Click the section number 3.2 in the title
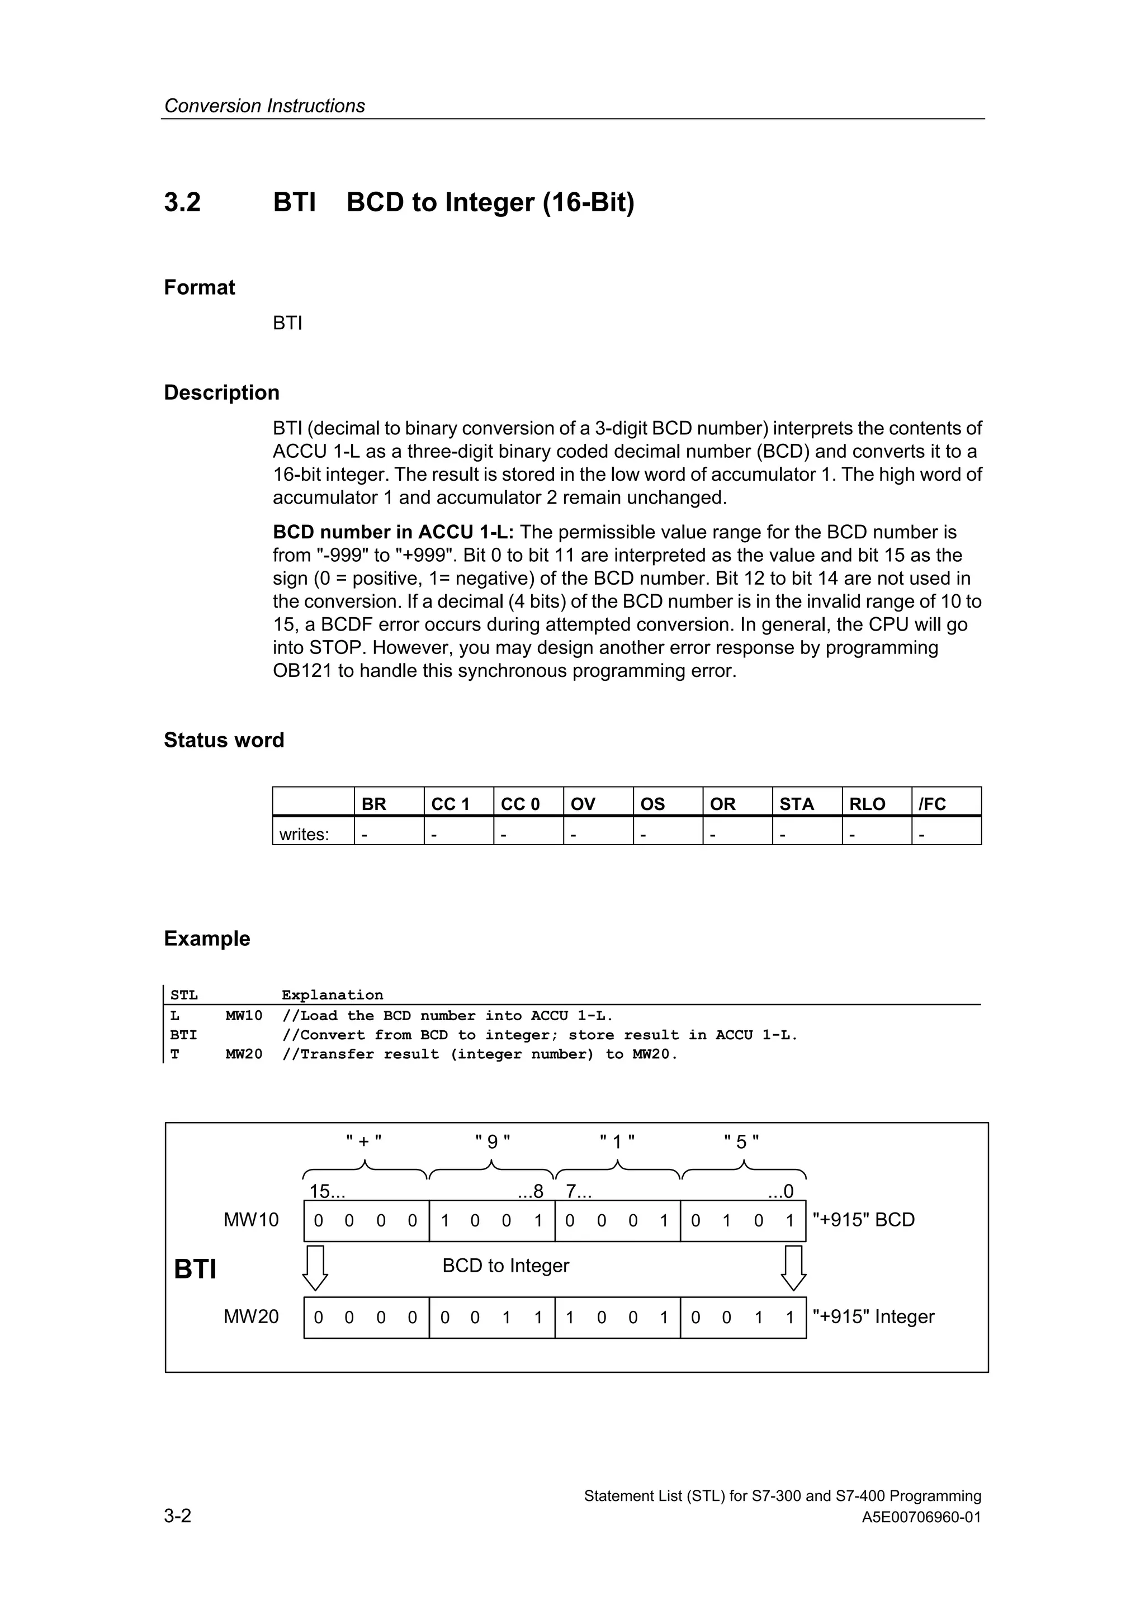182,202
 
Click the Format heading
199,287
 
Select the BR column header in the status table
373,804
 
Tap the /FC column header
931,804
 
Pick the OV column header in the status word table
582,804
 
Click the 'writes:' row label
304,834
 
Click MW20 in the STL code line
243,1054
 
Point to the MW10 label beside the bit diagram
251,1220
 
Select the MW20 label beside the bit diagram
251,1316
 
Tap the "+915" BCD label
864,1220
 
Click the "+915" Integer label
873,1316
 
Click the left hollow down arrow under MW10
315,1268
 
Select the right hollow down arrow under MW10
794,1268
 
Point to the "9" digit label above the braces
493,1142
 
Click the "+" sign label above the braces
364,1142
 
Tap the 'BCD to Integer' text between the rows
505,1266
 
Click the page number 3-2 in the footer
178,1515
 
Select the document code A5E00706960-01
921,1517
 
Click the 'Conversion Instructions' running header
264,106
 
